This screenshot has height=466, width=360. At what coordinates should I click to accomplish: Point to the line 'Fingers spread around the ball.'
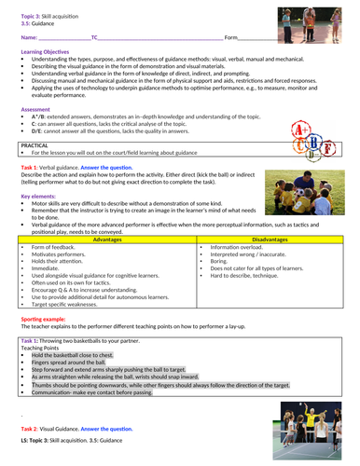[x=69, y=363]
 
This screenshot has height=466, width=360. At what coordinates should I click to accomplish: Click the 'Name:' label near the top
[x=29, y=37]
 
